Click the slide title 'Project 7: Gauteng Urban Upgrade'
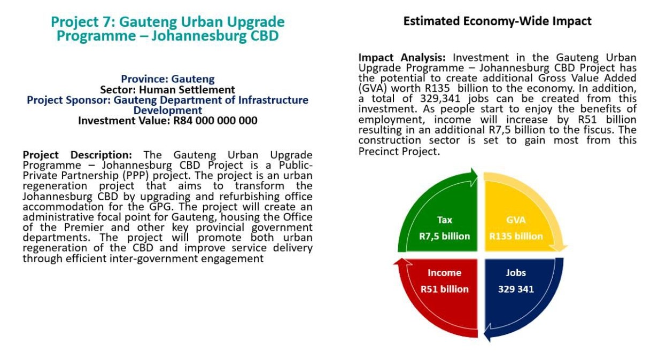coord(168,22)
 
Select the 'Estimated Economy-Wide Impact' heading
coord(497,21)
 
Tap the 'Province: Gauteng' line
coord(168,79)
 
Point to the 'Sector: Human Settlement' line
coord(168,90)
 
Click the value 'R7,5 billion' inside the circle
coord(445,236)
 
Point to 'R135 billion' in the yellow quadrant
coord(516,236)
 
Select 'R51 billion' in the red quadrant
coord(445,289)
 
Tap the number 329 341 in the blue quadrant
coord(516,289)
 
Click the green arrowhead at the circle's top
coord(472,176)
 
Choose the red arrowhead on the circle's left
coord(399,262)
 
